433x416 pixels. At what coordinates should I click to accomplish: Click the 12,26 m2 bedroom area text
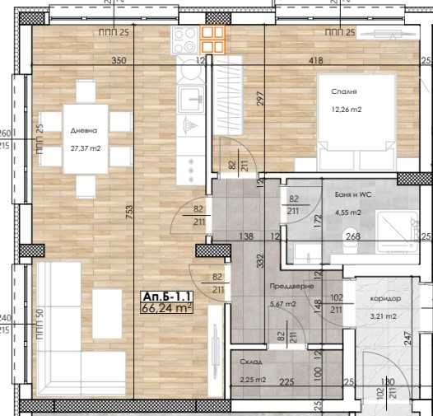[x=346, y=111]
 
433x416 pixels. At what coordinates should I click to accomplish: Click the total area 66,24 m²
[x=167, y=309]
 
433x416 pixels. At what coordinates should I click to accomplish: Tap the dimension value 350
[x=119, y=61]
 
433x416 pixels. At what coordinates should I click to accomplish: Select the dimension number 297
[x=258, y=97]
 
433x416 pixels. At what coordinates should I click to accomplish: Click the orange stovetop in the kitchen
[x=213, y=39]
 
